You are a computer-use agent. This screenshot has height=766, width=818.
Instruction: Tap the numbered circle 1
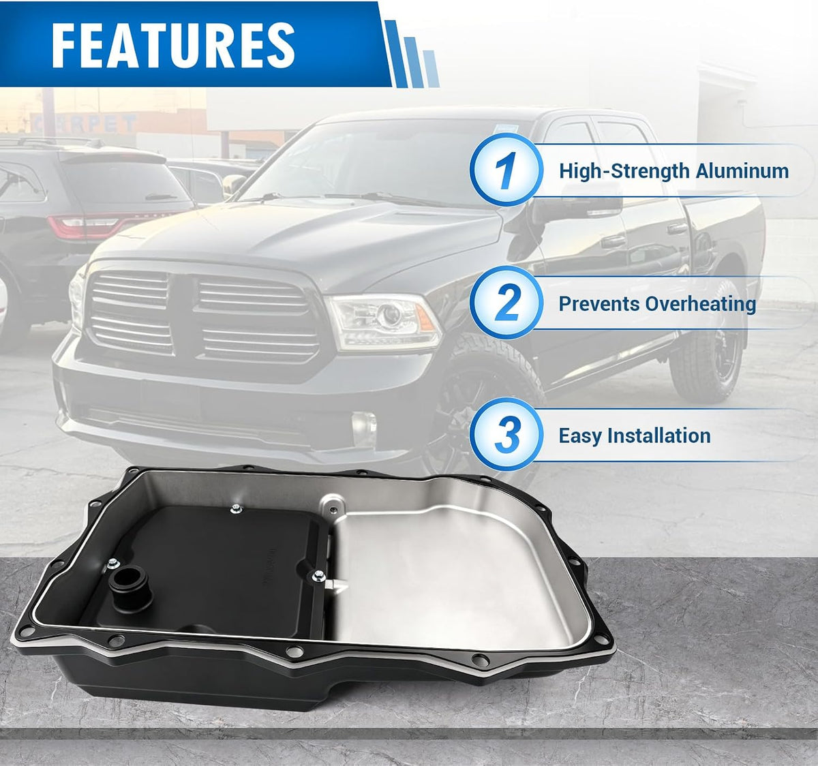point(506,170)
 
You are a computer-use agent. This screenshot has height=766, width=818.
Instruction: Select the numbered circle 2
point(506,303)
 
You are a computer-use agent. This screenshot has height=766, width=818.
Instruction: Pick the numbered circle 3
point(506,435)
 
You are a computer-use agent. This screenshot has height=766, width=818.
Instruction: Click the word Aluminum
point(742,171)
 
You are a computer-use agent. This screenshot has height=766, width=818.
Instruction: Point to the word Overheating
point(700,305)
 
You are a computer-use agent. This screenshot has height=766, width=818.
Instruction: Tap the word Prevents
point(599,305)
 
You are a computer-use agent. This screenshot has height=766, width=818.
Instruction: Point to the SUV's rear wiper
point(162,197)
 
